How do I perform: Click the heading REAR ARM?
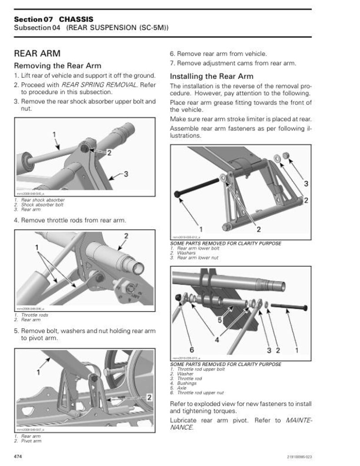coord(37,54)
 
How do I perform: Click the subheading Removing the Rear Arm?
coord(58,66)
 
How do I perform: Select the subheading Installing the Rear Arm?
coord(211,76)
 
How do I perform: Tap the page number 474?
coord(19,456)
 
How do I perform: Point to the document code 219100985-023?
coord(299,456)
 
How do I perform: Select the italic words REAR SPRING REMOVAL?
coord(99,85)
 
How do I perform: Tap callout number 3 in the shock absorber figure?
coord(126,174)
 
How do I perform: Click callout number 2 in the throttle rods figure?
coord(126,236)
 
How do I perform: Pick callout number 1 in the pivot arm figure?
coord(39,372)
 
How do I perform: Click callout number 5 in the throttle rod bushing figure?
coord(219,320)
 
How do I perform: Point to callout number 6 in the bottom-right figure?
coord(191,349)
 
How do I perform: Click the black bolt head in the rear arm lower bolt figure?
coord(177,194)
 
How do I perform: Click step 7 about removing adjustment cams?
coord(233,63)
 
